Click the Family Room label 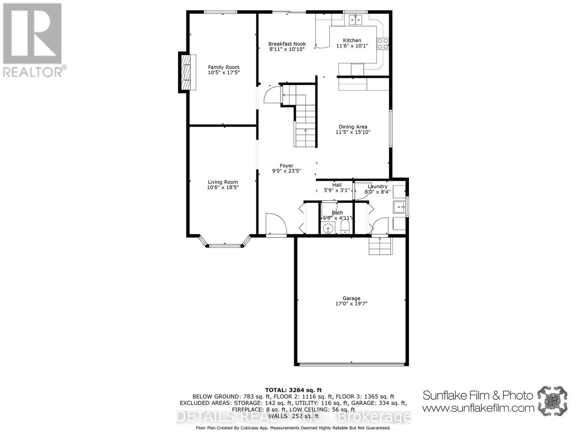[x=223, y=67]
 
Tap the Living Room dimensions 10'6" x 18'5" [x=223, y=187]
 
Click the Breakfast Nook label [x=287, y=44]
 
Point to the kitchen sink [x=355, y=19]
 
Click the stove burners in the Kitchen [x=383, y=44]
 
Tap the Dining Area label [x=353, y=127]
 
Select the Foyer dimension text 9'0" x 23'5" [x=287, y=171]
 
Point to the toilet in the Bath [x=345, y=227]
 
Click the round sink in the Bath [x=327, y=228]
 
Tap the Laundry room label [x=378, y=186]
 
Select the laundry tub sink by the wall [x=399, y=207]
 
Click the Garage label [x=351, y=298]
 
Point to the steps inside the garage [x=380, y=246]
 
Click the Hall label [x=337, y=185]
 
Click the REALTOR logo [x=33, y=40]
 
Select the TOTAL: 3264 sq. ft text [x=293, y=390]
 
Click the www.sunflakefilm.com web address [x=478, y=408]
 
